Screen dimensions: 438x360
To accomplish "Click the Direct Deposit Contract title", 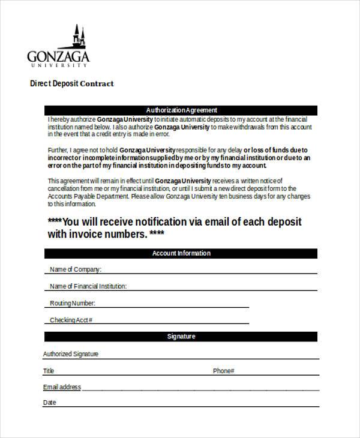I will [72, 83].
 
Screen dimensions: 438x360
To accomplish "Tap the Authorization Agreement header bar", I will [181, 110].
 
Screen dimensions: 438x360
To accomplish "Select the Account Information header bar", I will [181, 254].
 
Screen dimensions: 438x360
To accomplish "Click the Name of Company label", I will [76, 269].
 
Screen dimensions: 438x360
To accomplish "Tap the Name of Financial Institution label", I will [88, 286].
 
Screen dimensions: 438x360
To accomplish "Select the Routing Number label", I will [73, 304].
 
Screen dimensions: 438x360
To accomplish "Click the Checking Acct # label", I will [71, 320].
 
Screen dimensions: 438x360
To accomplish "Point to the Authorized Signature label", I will [71, 355].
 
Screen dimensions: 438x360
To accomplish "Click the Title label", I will [49, 371].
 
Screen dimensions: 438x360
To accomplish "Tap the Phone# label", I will [223, 371].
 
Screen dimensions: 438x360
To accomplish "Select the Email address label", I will [62, 388].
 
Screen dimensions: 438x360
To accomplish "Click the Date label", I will [50, 403].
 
